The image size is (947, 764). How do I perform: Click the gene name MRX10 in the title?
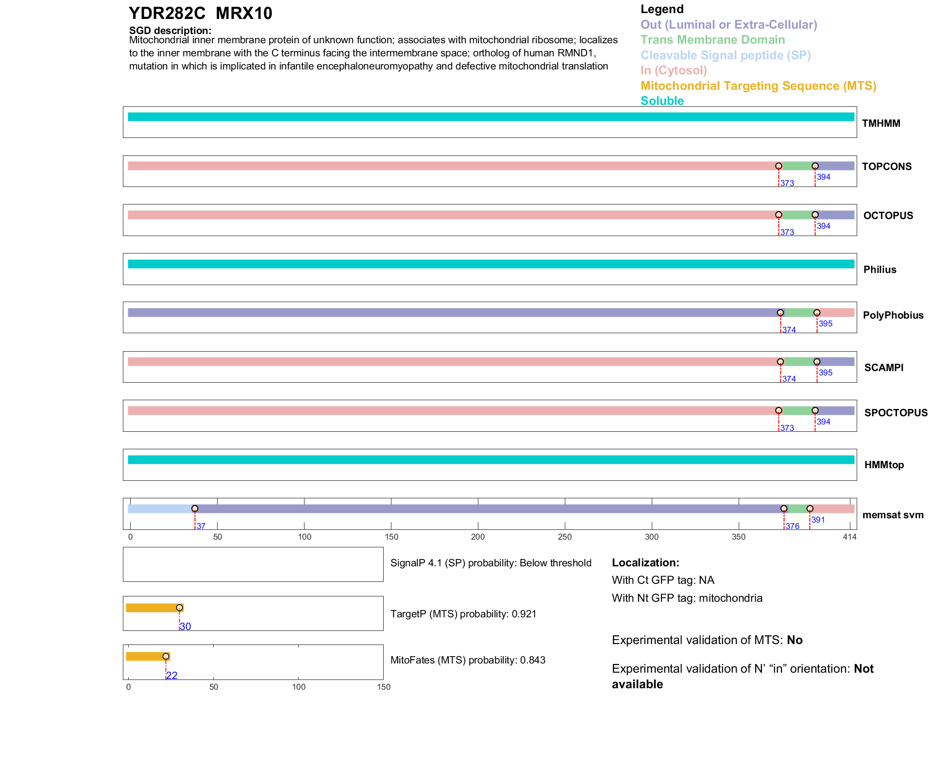[x=244, y=14]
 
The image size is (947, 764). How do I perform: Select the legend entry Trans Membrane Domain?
[x=712, y=40]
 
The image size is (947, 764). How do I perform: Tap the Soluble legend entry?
[x=662, y=101]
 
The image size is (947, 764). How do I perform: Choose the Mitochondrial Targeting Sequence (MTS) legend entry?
[x=758, y=86]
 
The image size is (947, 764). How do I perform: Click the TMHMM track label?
[x=881, y=123]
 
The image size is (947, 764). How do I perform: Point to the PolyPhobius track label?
[x=893, y=315]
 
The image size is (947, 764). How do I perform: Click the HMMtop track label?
[x=884, y=465]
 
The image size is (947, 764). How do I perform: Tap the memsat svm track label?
[x=893, y=515]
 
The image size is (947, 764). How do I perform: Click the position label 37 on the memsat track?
[x=201, y=526]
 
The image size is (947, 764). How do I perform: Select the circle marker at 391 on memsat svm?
[x=810, y=509]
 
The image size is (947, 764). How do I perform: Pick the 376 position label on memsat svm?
[x=793, y=526]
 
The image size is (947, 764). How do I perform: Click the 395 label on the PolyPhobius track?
[x=826, y=323]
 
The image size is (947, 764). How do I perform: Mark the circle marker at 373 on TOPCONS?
[x=778, y=166]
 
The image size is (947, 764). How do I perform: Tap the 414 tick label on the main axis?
[x=849, y=537]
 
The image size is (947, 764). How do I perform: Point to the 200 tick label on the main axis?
[x=478, y=537]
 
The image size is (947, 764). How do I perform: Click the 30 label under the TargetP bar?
[x=186, y=627]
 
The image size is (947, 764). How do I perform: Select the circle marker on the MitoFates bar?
[x=166, y=656]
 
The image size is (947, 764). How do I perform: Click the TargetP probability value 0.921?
[x=524, y=614]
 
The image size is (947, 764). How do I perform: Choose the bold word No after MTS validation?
[x=795, y=640]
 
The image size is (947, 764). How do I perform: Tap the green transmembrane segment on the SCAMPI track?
[x=798, y=362]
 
